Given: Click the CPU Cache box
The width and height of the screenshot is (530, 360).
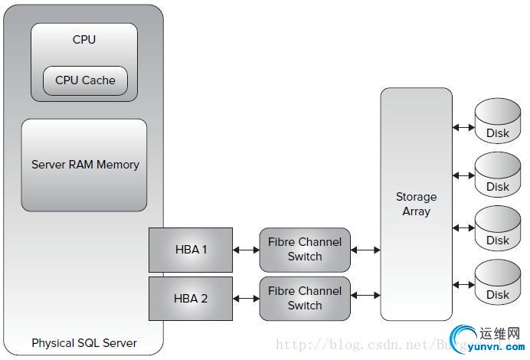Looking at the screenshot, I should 85,80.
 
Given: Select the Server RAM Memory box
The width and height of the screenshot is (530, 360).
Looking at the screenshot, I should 84,165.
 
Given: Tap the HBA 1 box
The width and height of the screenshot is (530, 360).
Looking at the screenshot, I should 190,249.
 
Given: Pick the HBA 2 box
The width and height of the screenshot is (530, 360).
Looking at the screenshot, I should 190,299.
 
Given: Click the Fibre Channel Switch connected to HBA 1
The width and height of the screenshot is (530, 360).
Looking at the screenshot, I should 305,250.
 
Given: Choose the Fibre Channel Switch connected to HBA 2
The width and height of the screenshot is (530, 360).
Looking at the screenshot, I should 305,299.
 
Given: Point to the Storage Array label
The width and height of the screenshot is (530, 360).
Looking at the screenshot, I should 416,204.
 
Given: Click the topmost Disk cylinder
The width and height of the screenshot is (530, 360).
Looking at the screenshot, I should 498,124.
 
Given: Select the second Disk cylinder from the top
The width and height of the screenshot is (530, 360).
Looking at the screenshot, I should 498,178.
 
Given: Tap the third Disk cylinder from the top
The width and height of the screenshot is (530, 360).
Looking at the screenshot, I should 498,231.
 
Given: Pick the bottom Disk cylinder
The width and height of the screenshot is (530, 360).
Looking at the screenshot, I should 498,285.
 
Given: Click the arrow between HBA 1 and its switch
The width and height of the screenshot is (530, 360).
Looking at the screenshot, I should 246,250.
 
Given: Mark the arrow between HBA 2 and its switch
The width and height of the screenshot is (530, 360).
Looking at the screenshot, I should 246,296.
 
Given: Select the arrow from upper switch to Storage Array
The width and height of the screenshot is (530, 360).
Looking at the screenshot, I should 365,250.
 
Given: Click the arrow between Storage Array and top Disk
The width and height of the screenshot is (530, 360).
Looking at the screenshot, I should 463,126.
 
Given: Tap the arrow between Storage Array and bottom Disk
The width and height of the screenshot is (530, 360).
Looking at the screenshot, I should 463,285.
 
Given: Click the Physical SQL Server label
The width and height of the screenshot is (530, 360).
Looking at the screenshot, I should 84,343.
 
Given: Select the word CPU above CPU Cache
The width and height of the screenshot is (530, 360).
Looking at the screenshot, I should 84,39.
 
